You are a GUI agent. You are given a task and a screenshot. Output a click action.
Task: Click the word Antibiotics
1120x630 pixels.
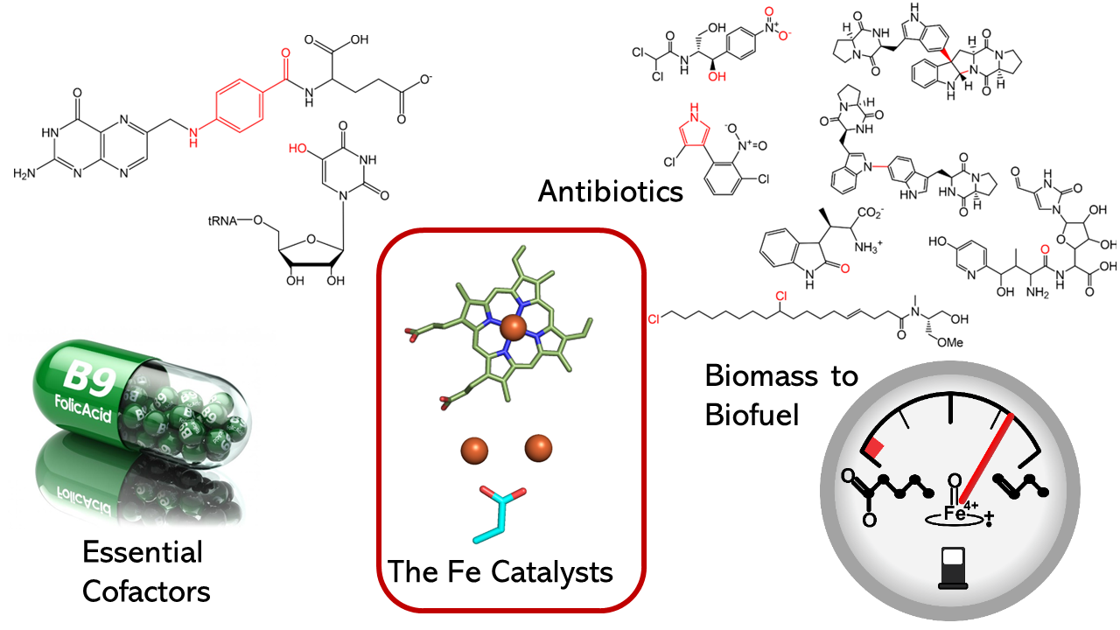(610, 190)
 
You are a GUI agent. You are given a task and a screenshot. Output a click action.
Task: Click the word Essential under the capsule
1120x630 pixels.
(142, 552)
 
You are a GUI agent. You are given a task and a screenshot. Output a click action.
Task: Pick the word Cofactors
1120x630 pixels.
(146, 591)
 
